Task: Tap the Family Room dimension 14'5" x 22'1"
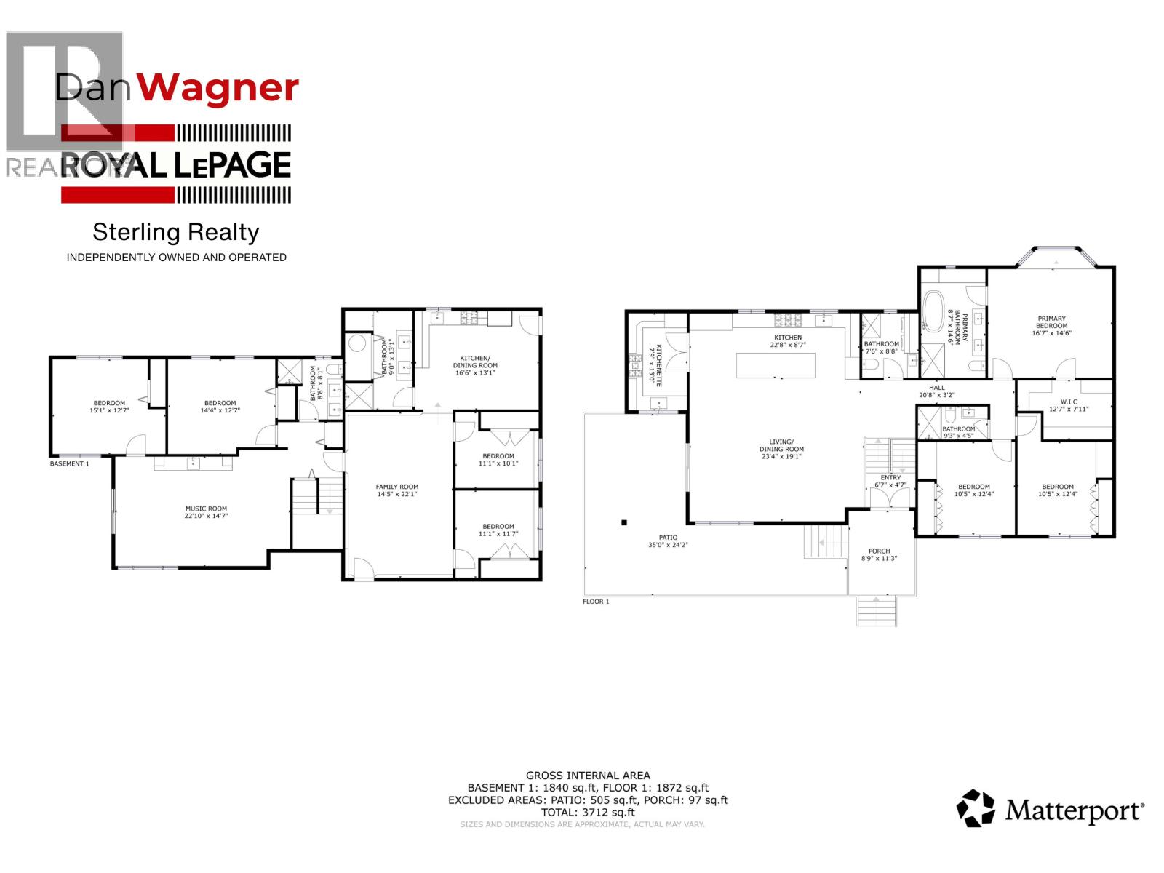click(x=397, y=494)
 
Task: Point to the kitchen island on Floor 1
click(x=776, y=365)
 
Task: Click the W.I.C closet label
click(x=1069, y=402)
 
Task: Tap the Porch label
click(x=879, y=551)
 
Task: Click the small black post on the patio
click(x=623, y=522)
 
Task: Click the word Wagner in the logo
click(x=218, y=88)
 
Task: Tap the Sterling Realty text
click(x=176, y=232)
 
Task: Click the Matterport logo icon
click(x=976, y=808)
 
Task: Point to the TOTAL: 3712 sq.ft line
click(x=588, y=812)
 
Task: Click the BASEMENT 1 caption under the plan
click(x=69, y=463)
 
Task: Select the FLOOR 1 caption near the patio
click(x=596, y=602)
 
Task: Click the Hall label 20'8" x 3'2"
click(x=936, y=391)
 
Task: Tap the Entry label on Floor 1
click(x=890, y=477)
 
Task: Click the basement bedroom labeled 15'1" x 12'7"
click(x=108, y=407)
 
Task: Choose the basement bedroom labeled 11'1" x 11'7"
click(x=498, y=530)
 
